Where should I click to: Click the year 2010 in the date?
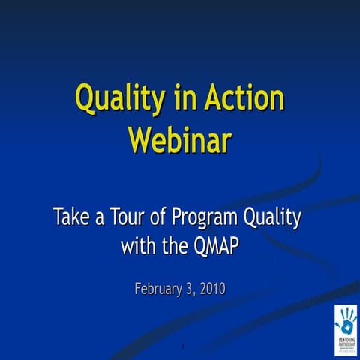click(x=211, y=289)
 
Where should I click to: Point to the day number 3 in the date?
click(x=187, y=289)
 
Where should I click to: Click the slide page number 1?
click(x=182, y=346)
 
